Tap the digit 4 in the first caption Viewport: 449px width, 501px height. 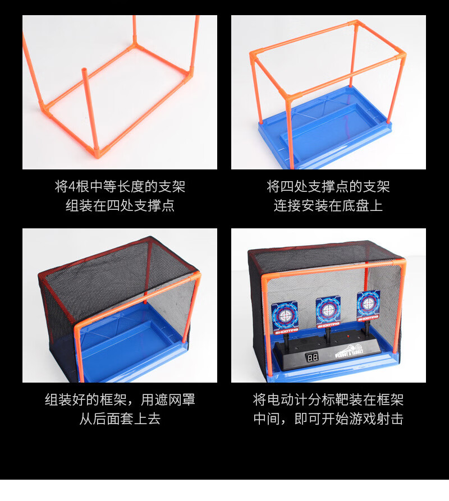(72, 186)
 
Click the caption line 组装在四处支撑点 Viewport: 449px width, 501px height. (120, 205)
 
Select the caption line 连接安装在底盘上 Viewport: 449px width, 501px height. (328, 205)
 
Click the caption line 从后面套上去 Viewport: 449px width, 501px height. (120, 419)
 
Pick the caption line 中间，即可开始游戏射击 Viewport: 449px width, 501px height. (328, 419)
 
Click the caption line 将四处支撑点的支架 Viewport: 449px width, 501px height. (328, 186)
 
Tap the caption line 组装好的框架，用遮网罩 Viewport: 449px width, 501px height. (120, 399)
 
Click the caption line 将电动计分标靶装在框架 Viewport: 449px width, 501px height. (328, 399)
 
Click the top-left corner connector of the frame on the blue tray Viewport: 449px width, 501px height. (253, 55)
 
